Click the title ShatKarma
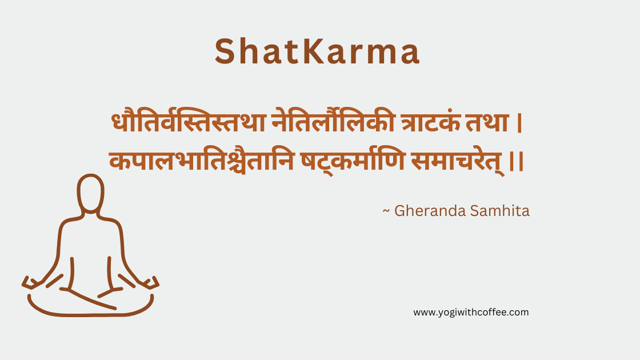[x=317, y=52]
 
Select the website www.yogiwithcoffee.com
[x=471, y=312]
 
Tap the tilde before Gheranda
[x=386, y=211]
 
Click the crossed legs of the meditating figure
[x=90, y=300]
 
